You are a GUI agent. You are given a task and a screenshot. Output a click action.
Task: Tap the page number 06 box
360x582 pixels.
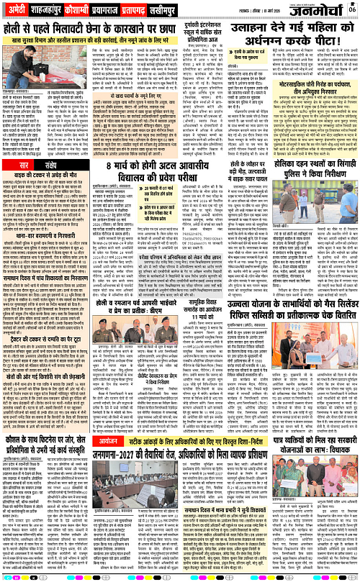[351, 7]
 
